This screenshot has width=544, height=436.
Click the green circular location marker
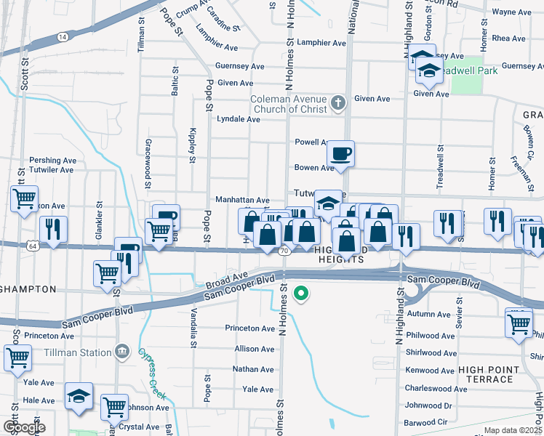point(301,294)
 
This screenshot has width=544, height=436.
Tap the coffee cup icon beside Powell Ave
point(340,154)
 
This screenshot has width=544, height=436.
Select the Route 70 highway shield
point(284,251)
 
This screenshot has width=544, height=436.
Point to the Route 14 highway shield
point(63,36)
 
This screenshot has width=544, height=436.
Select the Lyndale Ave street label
point(239,119)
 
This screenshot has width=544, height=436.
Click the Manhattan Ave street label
point(242,200)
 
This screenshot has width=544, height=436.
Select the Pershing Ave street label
point(52,160)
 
